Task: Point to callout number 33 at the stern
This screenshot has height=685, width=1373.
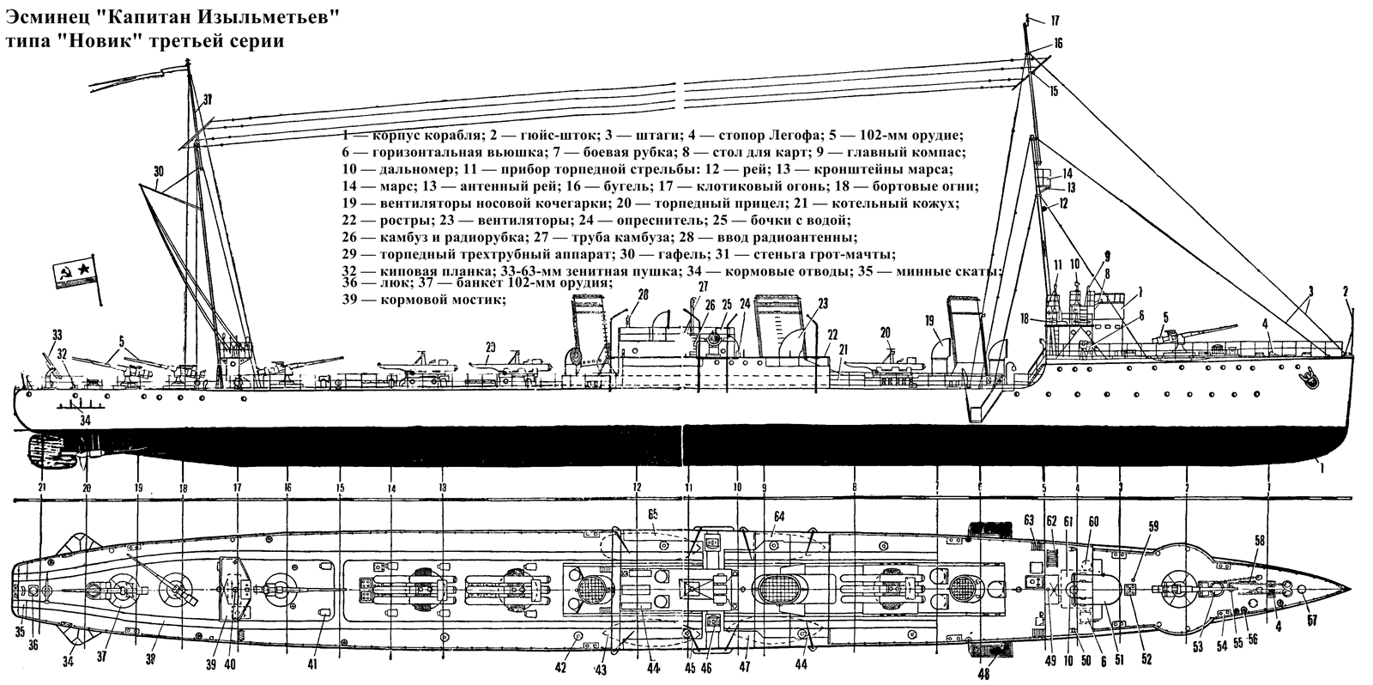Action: click(x=57, y=334)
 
